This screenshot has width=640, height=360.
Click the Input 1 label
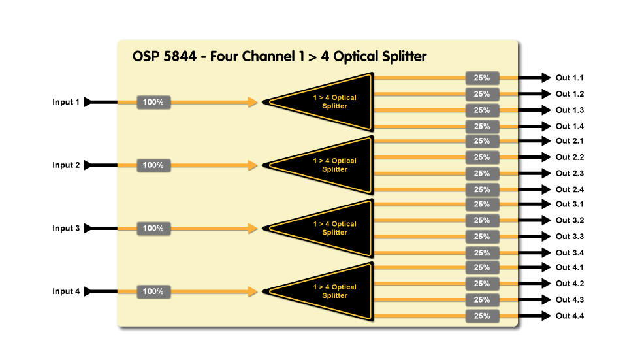(x=66, y=102)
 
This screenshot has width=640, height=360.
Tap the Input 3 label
(x=66, y=229)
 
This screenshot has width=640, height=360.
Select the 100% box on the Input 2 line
(x=153, y=165)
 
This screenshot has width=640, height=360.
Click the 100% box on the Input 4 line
(x=153, y=291)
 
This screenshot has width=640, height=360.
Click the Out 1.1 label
(x=569, y=78)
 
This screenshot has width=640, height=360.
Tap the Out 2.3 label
(x=569, y=173)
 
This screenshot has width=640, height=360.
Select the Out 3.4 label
(x=569, y=253)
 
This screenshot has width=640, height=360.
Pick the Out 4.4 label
(x=569, y=316)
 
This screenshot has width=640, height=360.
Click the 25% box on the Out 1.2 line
(x=482, y=94)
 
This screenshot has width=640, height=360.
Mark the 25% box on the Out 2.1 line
(x=482, y=141)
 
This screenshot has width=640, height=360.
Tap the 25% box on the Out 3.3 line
(x=482, y=237)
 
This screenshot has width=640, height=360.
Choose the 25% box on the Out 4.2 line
(x=482, y=284)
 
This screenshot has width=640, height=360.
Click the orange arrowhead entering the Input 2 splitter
(x=253, y=165)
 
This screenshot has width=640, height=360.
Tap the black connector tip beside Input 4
(x=89, y=291)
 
